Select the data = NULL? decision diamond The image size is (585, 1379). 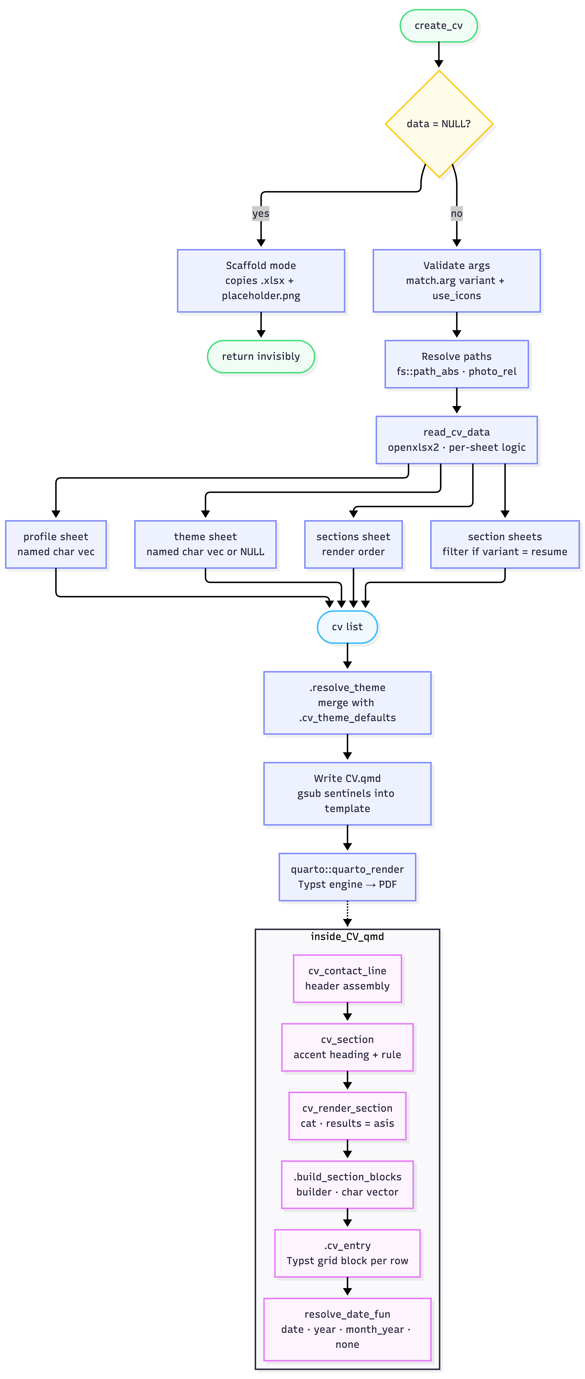(x=439, y=124)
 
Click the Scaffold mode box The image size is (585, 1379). (x=261, y=280)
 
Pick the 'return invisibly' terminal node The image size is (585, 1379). (x=261, y=357)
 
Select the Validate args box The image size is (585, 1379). (x=457, y=280)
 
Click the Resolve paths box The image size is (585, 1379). (x=457, y=364)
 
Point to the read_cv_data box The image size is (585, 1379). (x=457, y=440)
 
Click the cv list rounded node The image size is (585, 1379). (x=347, y=627)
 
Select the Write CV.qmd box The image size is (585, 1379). (x=347, y=793)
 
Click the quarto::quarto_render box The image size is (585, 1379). (x=347, y=877)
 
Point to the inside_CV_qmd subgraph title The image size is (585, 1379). (x=347, y=936)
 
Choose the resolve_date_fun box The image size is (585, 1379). (x=347, y=1329)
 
